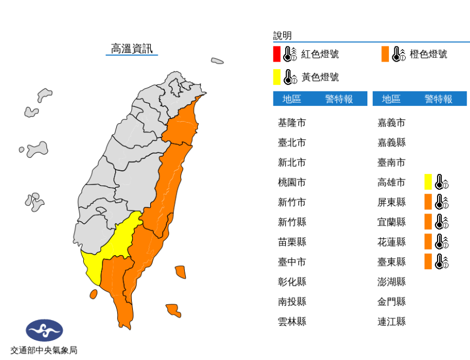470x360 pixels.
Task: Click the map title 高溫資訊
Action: [x=131, y=49]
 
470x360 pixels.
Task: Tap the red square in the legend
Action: [x=277, y=54]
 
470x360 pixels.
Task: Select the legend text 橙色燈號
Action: [x=428, y=54]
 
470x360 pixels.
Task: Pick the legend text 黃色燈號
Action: [x=320, y=77]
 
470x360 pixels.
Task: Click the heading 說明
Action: [x=283, y=36]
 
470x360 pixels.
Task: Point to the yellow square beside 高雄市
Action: [x=428, y=182]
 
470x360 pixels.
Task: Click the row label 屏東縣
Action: [x=391, y=202]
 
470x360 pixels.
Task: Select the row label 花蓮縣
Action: [x=391, y=242]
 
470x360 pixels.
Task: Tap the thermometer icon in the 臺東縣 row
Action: [x=442, y=262]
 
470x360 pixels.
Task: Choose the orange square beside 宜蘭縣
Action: [x=428, y=222]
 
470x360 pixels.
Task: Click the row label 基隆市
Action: [x=292, y=123]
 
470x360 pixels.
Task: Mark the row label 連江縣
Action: [x=391, y=322]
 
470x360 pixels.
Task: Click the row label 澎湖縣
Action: [x=391, y=282]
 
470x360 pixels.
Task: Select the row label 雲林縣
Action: [x=292, y=322]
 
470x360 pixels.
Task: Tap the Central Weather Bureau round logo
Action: [x=44, y=331]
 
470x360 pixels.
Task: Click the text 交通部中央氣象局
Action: [x=44, y=350]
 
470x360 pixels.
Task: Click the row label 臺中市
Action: [x=292, y=262]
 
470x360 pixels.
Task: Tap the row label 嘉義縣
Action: [x=391, y=143]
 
